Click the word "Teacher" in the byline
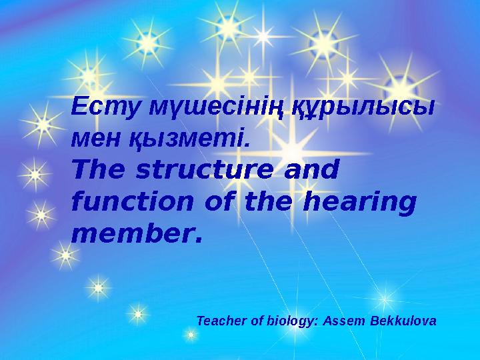pos(219,321)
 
